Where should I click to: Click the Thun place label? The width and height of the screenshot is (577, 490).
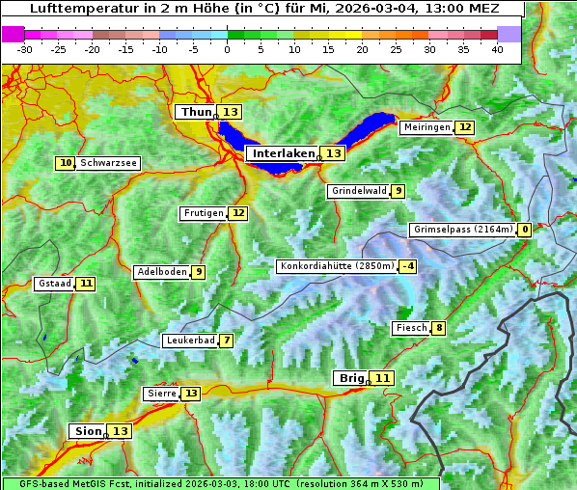196,113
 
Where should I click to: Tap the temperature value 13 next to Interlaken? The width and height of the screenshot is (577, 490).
333,153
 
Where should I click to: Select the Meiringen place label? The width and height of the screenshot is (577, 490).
426,127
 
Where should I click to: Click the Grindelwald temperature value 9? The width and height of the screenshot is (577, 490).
398,191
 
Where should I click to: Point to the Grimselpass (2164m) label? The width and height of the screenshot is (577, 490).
462,230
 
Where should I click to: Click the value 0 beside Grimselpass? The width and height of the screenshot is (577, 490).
524,230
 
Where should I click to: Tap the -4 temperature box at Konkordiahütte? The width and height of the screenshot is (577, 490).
408,266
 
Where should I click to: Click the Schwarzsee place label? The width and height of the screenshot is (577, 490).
108,163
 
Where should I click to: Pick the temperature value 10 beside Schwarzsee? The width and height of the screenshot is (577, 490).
66,163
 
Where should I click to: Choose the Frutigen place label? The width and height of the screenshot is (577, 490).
203,213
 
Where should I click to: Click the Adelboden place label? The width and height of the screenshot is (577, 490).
161,272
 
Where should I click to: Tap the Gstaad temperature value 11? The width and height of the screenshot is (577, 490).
86,284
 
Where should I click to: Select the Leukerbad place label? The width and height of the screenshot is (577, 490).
189,340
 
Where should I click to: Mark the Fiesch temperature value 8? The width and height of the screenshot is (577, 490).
438,328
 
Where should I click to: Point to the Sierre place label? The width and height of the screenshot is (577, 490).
161,394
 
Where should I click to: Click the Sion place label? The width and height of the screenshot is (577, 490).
87,431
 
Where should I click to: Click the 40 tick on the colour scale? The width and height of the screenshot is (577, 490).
497,49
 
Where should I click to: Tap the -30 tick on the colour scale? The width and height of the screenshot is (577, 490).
25,49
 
